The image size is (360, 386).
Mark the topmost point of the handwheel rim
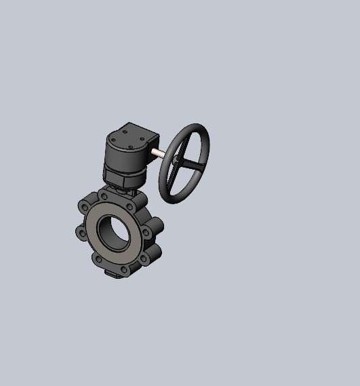coord(197,125)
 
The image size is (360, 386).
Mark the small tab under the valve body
coord(111,273)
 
